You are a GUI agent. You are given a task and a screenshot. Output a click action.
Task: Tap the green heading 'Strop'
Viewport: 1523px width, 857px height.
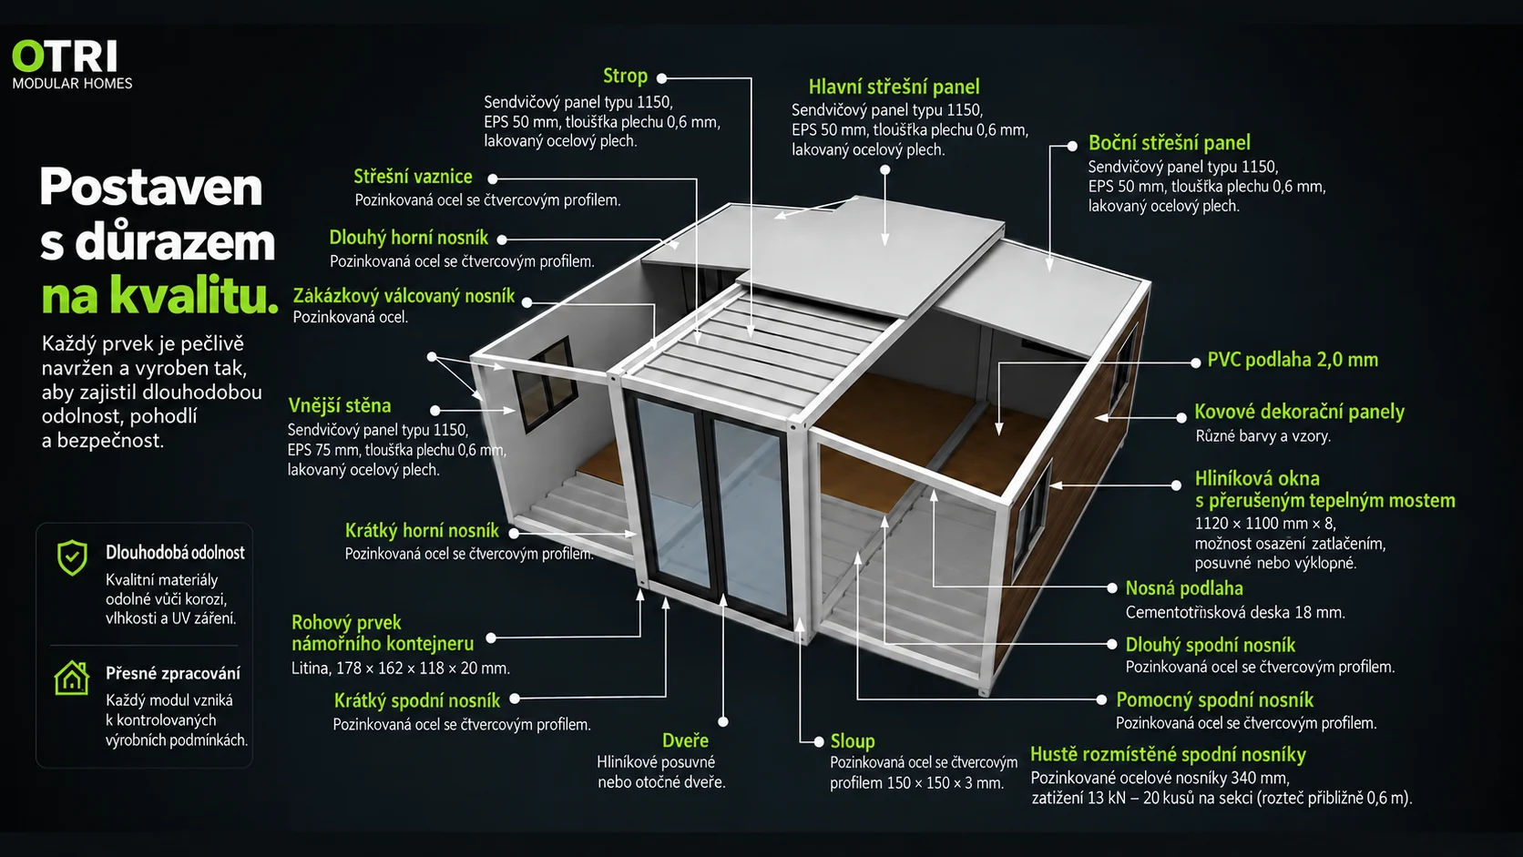click(x=625, y=77)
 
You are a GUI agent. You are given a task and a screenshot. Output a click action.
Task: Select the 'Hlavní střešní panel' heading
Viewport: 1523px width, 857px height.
click(x=894, y=87)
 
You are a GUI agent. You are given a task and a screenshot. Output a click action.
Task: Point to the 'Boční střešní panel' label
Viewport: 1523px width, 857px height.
click(x=1169, y=143)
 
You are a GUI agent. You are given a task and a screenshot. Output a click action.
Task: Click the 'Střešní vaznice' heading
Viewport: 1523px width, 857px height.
click(x=413, y=177)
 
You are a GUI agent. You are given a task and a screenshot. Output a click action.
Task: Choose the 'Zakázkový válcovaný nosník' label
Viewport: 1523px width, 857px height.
click(x=404, y=296)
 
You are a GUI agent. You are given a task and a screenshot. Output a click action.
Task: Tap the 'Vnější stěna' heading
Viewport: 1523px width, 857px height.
click(x=339, y=406)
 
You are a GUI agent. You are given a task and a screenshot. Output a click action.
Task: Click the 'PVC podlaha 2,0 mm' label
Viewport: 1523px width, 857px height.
click(x=1293, y=360)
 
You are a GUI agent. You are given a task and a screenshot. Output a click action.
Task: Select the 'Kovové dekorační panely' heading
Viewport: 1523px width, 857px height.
click(x=1299, y=412)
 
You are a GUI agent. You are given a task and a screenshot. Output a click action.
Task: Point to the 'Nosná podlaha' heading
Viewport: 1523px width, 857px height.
click(x=1184, y=588)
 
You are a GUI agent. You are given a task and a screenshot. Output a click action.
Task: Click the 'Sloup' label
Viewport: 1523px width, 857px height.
click(x=853, y=741)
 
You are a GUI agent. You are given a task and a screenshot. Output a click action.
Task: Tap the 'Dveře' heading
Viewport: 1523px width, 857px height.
click(x=685, y=740)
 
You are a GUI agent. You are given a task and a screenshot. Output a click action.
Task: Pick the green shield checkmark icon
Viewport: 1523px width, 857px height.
click(x=72, y=558)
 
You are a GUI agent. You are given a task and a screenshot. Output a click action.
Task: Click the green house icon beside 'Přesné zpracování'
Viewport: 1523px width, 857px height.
click(x=71, y=678)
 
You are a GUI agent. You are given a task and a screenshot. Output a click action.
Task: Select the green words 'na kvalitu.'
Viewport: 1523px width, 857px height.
click(x=159, y=295)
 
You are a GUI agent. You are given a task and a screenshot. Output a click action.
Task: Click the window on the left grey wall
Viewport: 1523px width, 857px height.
click(x=545, y=383)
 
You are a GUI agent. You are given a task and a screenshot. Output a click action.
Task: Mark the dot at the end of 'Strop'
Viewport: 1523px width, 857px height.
click(x=661, y=78)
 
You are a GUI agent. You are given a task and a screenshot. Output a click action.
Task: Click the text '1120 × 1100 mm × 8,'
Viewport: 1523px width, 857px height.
click(x=1265, y=524)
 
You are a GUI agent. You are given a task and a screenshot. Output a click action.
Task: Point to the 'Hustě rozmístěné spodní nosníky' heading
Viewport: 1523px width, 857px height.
click(x=1168, y=755)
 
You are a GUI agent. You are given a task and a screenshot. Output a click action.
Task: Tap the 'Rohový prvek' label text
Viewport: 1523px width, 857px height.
click(x=346, y=623)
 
